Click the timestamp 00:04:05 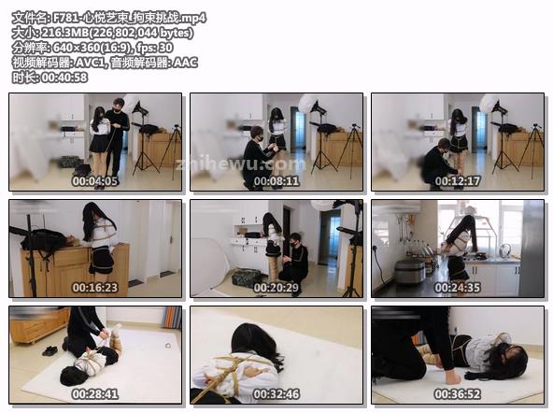(x=95, y=181)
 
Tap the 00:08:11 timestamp (x=276, y=181)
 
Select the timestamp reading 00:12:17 (x=458, y=181)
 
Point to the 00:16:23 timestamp (x=95, y=288)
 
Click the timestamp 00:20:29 (x=276, y=288)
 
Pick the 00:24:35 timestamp (x=458, y=288)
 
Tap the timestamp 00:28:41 (x=95, y=394)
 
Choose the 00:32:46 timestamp (x=276, y=394)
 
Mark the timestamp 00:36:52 (x=458, y=394)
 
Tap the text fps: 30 (x=155, y=48)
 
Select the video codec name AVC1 (x=91, y=63)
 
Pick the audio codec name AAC (x=185, y=63)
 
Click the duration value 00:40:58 (x=64, y=78)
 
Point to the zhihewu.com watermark (x=240, y=164)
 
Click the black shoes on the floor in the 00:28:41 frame (x=50, y=350)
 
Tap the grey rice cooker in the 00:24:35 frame (x=410, y=272)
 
